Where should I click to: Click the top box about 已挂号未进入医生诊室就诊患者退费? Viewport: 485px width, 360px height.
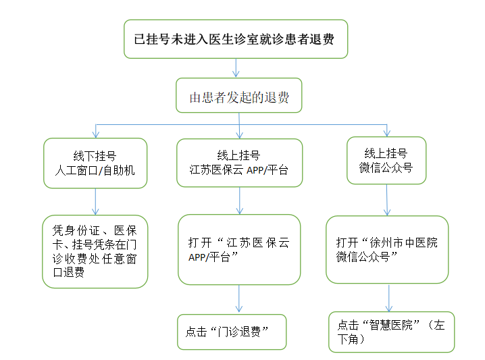[236, 38]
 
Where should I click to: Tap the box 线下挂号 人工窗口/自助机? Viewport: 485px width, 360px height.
[95, 163]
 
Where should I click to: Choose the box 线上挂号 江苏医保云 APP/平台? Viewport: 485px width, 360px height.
[239, 163]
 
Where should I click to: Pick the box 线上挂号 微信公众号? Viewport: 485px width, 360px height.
[386, 161]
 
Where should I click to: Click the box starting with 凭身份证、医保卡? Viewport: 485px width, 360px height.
[95, 251]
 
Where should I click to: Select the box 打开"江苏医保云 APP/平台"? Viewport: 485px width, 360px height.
[239, 249]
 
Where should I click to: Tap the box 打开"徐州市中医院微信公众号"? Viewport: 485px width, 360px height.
[387, 249]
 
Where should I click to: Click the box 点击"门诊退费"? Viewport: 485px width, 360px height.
[232, 332]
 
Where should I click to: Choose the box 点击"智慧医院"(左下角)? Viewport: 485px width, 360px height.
[391, 332]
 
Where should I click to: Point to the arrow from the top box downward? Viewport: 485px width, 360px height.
[236, 68]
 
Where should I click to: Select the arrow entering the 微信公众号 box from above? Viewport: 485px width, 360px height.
[386, 130]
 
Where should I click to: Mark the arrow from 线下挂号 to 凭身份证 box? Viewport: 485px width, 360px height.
[95, 201]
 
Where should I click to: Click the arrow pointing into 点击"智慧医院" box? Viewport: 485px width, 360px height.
[389, 298]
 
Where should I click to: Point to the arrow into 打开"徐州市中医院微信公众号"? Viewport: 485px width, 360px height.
[387, 200]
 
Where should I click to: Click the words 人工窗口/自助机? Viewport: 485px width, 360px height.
[95, 170]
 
